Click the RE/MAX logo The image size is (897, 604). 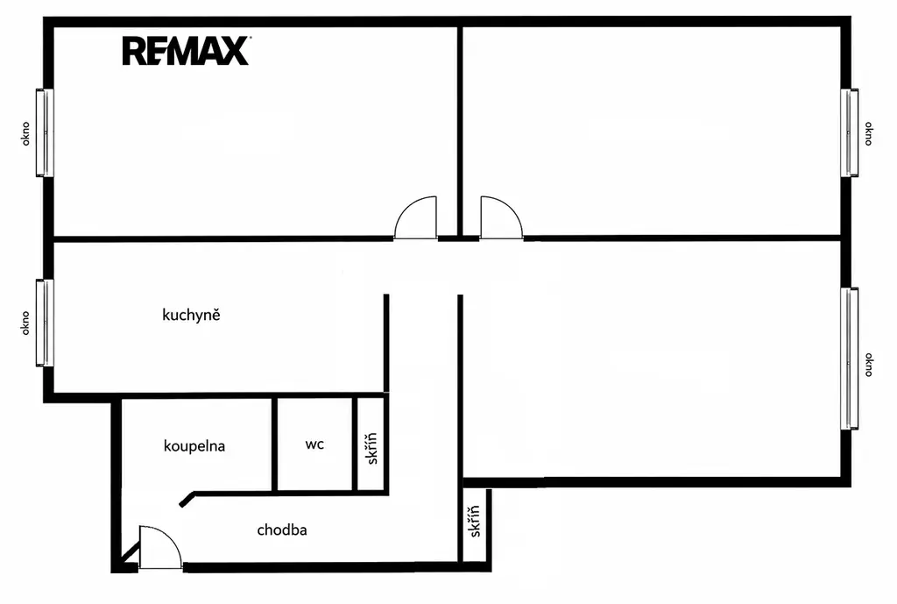click(x=186, y=51)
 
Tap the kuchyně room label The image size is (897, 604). click(x=191, y=315)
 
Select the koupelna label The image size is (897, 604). click(x=194, y=446)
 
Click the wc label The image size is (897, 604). click(x=314, y=444)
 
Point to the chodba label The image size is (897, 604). click(x=282, y=529)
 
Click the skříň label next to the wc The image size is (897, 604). click(x=371, y=448)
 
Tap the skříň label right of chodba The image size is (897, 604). click(x=474, y=521)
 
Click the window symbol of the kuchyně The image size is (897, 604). click(x=45, y=323)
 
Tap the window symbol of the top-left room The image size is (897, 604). click(x=45, y=132)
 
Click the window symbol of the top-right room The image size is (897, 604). click(x=850, y=132)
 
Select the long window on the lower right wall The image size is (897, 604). click(x=850, y=359)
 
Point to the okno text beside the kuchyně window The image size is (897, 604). click(x=25, y=323)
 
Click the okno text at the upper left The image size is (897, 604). click(x=25, y=133)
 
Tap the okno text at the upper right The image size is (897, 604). click(x=868, y=133)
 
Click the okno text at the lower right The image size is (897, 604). click(x=868, y=365)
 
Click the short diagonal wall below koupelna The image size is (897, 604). click(x=187, y=499)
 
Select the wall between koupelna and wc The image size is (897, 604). click(x=274, y=444)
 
